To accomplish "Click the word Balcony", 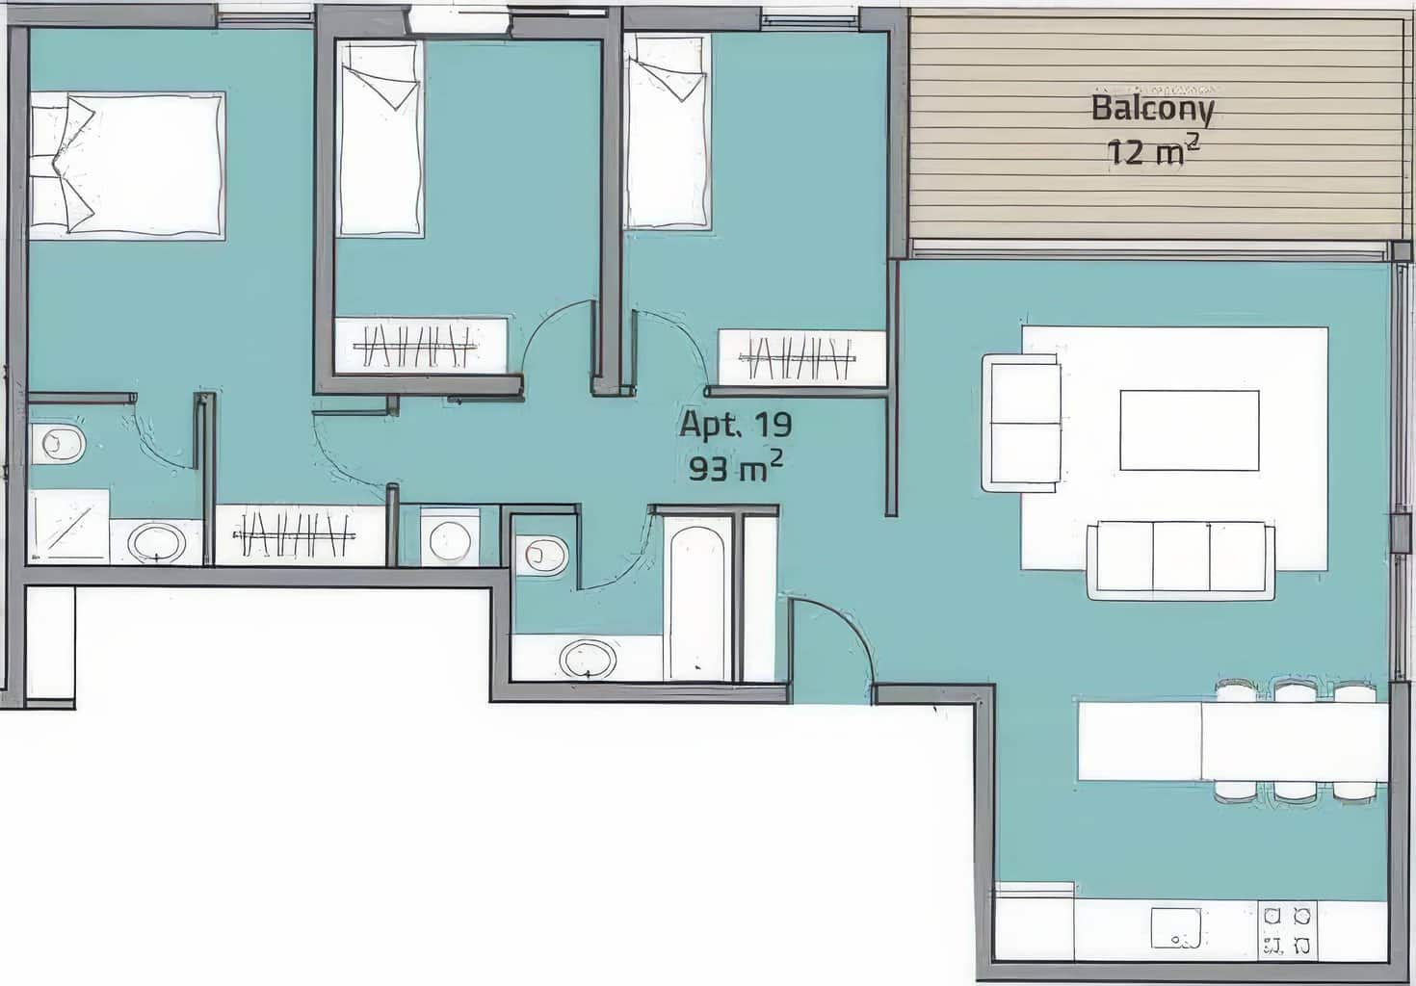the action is (1152, 110).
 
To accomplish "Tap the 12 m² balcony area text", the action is (1153, 152).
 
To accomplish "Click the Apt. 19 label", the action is (735, 424).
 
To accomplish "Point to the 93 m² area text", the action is (735, 467).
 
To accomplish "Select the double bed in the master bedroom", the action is (127, 166).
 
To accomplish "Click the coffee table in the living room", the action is (1190, 430).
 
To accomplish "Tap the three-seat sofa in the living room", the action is (1181, 560).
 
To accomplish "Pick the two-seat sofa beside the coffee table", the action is (1022, 423).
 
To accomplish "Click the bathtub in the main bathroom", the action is (697, 604).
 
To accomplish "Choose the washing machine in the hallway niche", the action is (450, 537).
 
